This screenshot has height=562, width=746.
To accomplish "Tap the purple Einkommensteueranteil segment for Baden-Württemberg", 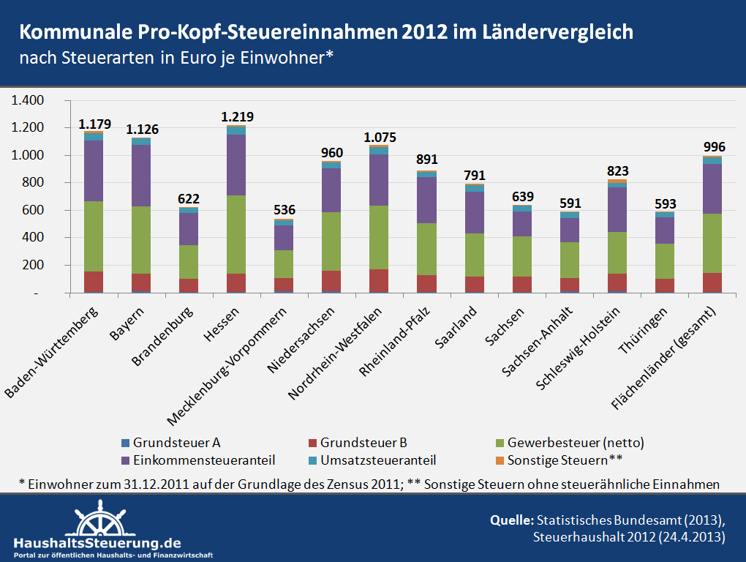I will tap(93, 171).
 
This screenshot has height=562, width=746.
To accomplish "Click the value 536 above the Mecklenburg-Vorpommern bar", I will tap(284, 211).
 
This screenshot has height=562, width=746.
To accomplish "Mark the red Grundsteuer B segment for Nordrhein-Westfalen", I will tap(378, 281).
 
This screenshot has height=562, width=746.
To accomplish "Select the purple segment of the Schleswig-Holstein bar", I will tap(617, 209).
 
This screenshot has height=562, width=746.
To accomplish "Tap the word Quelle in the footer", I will tap(511, 520).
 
